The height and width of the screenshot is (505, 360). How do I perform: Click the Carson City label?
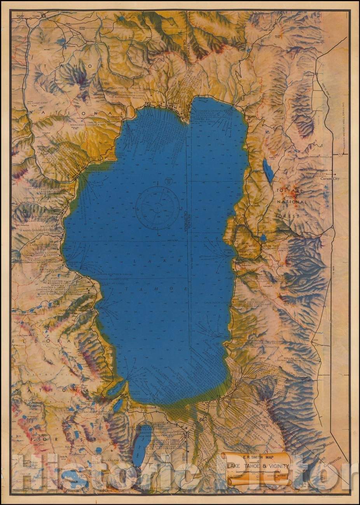[330, 179]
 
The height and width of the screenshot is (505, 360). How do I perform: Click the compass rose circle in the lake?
[157, 206]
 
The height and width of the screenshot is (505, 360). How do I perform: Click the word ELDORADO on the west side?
[34, 341]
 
